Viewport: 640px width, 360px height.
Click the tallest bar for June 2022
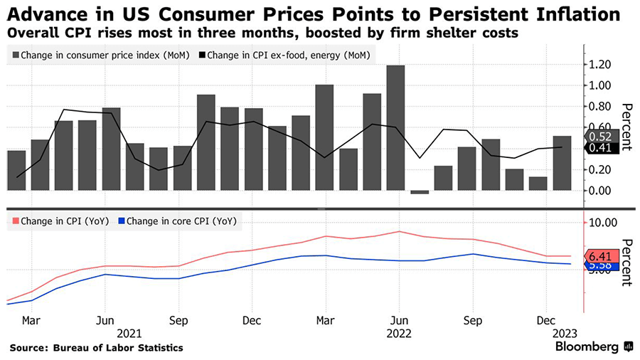tap(396, 128)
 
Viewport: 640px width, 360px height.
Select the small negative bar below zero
tap(420, 192)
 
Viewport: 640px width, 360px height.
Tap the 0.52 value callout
tap(599, 136)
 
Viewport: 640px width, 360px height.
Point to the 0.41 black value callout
tap(599, 148)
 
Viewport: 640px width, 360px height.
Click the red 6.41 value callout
tap(599, 255)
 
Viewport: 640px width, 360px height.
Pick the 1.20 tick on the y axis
tap(599, 65)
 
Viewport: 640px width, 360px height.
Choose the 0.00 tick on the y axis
tap(599, 191)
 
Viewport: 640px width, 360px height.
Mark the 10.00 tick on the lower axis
tap(602, 222)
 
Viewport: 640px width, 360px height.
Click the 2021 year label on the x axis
tap(131, 332)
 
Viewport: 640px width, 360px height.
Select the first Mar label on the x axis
tap(31, 320)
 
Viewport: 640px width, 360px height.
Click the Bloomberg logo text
tap(588, 347)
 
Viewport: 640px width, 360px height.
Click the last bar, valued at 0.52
tap(562, 163)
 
